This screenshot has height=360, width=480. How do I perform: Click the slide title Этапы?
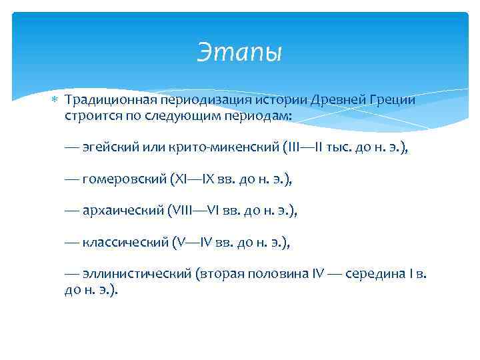(239, 52)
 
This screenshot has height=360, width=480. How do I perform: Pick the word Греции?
(393, 100)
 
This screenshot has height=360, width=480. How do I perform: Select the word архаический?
(123, 211)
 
